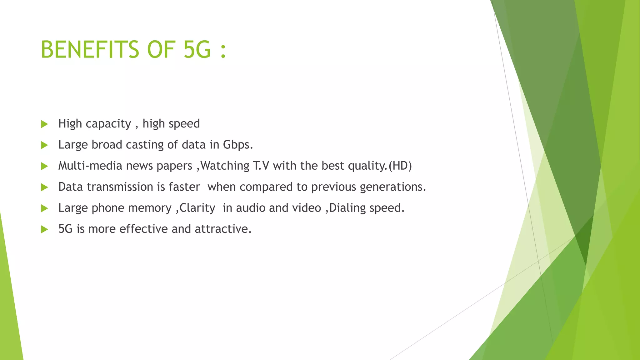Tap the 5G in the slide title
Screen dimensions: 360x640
click(x=197, y=50)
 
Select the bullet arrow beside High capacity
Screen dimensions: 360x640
click(x=44, y=124)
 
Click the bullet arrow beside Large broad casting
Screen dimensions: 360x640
click(x=44, y=145)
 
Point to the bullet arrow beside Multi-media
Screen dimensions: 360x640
click(x=44, y=166)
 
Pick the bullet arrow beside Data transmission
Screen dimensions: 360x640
click(x=44, y=187)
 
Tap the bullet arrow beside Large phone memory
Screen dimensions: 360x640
click(x=44, y=208)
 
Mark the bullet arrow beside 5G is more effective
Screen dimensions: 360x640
click(x=44, y=229)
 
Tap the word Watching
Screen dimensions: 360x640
click(x=225, y=166)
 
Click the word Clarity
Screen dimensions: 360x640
click(x=197, y=208)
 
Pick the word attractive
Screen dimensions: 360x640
click(x=223, y=229)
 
